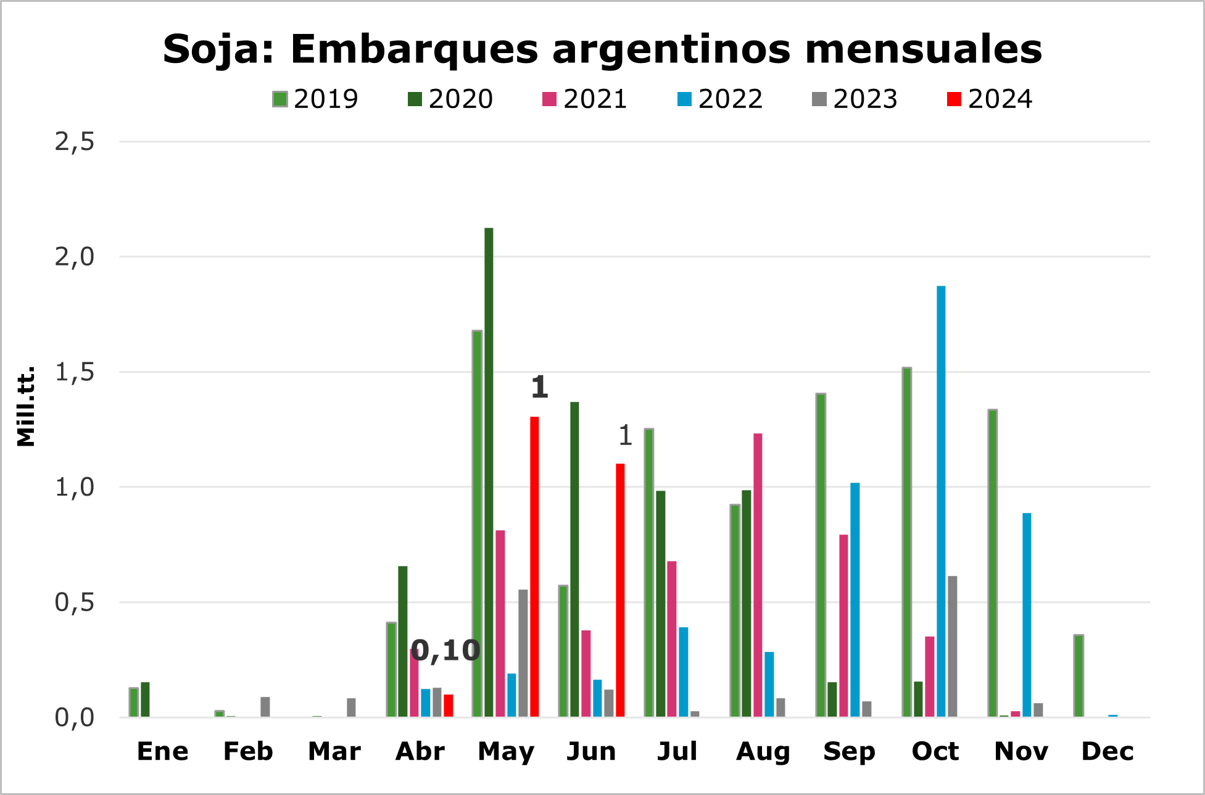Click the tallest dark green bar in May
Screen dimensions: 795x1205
[489, 472]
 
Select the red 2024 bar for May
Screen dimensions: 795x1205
[534, 567]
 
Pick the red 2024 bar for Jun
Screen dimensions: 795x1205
[620, 590]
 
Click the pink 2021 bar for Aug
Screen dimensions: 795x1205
[758, 575]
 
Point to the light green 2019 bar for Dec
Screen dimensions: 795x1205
[1079, 675]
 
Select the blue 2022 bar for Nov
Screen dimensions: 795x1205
[1027, 615]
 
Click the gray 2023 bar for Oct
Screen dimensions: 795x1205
[953, 646]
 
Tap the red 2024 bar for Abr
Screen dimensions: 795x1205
[449, 706]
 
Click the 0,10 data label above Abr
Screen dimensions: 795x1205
[445, 651]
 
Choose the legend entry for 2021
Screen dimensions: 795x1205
[585, 99]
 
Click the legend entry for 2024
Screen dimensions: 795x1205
[990, 99]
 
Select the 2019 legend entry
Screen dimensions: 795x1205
[315, 99]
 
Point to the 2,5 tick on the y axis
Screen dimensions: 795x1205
[75, 142]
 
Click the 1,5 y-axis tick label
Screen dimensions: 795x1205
[75, 372]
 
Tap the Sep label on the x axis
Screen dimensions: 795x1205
[849, 752]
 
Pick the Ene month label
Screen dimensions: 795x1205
[162, 752]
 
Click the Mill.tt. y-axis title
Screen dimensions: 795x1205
[26, 406]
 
